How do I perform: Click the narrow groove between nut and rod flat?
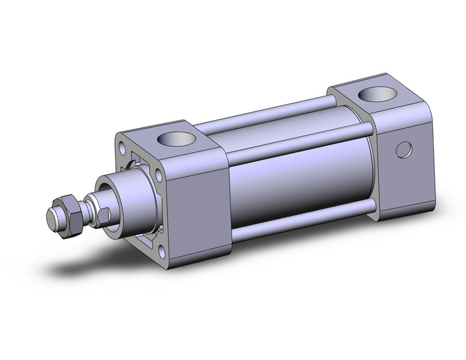[x=83, y=213]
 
